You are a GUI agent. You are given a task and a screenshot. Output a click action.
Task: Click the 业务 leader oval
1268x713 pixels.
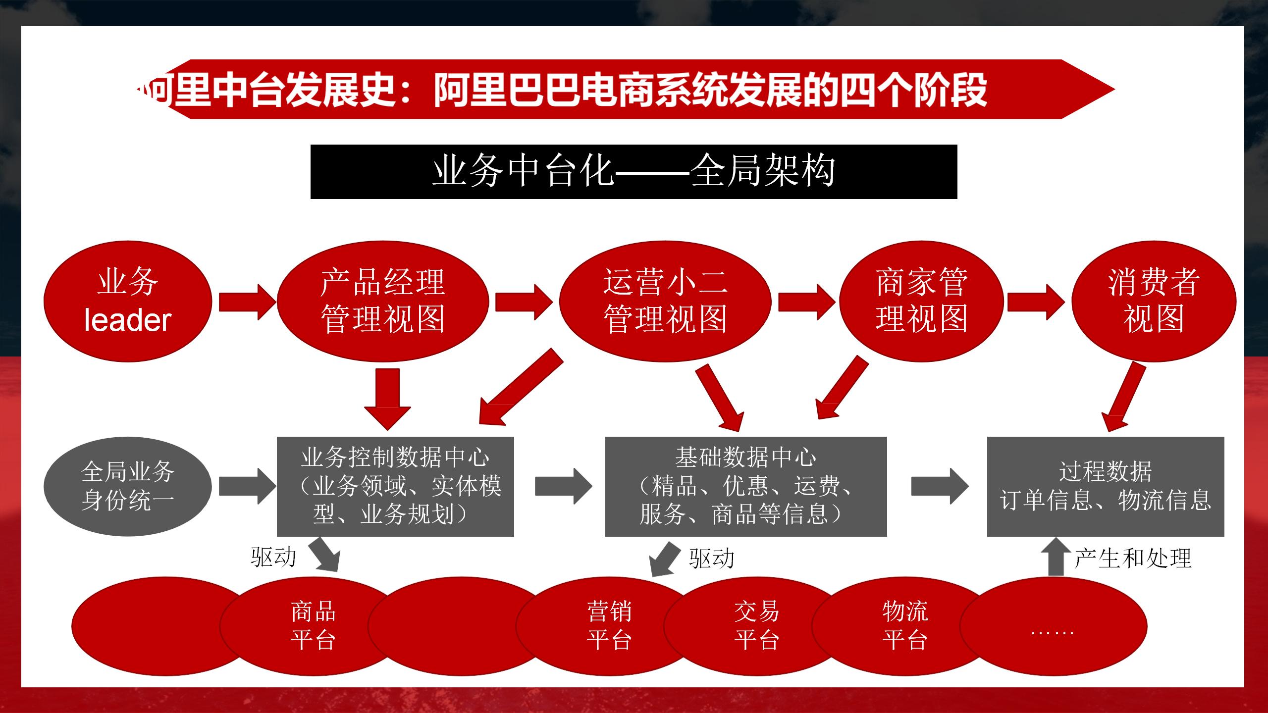[128, 301]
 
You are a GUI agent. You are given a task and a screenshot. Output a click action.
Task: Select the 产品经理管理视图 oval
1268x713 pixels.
[382, 301]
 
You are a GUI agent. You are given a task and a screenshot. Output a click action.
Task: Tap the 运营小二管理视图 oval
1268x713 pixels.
[665, 301]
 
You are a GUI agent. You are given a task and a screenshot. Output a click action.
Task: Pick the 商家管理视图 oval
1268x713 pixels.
[921, 301]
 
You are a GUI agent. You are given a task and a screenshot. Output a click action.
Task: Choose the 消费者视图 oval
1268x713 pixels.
[1154, 301]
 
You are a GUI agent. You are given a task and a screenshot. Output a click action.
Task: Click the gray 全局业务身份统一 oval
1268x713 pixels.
[128, 486]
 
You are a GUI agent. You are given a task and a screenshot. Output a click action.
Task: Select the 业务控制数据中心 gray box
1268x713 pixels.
[395, 486]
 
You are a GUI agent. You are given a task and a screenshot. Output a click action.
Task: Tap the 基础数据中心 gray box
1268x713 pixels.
[745, 486]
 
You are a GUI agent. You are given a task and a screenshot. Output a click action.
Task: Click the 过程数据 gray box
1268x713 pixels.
[1105, 486]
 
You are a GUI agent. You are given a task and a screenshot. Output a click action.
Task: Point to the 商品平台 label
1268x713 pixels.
[313, 625]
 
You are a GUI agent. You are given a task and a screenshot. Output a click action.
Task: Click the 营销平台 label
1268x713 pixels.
[609, 625]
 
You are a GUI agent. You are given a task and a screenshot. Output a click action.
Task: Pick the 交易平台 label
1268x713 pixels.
[757, 625]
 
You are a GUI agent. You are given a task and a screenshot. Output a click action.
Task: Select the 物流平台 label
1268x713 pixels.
[905, 625]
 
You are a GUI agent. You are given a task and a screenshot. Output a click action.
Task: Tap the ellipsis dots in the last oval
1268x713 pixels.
[1052, 632]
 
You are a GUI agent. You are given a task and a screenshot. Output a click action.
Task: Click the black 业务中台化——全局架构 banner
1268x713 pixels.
[634, 172]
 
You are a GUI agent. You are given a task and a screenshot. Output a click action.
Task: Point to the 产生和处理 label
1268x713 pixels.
[1133, 558]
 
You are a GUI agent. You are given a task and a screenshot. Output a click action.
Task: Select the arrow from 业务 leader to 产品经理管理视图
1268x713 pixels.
[246, 301]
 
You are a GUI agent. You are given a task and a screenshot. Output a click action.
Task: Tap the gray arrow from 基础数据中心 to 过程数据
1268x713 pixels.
[939, 486]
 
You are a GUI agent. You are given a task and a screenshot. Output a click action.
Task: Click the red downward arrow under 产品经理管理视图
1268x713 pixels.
[387, 398]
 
